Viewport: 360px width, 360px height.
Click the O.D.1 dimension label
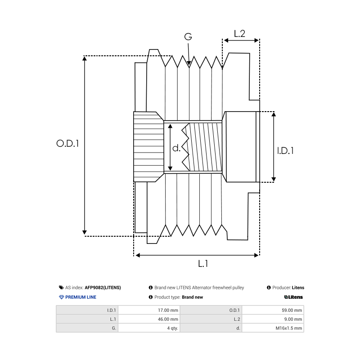67,144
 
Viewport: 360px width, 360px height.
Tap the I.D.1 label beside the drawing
285,150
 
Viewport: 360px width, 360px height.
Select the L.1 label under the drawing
203,264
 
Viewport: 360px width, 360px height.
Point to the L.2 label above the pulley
239,33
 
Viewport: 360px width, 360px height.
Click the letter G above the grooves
188,37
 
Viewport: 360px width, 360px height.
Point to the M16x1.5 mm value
289,328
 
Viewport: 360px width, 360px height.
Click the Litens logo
293,297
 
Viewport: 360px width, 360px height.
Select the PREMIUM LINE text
81,297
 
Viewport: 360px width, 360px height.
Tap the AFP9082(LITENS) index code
103,288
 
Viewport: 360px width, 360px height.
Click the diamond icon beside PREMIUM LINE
62,297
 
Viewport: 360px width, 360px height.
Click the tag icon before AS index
61,288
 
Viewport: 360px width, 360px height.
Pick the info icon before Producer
269,288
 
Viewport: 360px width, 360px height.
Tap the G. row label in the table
113,328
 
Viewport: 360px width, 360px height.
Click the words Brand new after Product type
192,297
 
